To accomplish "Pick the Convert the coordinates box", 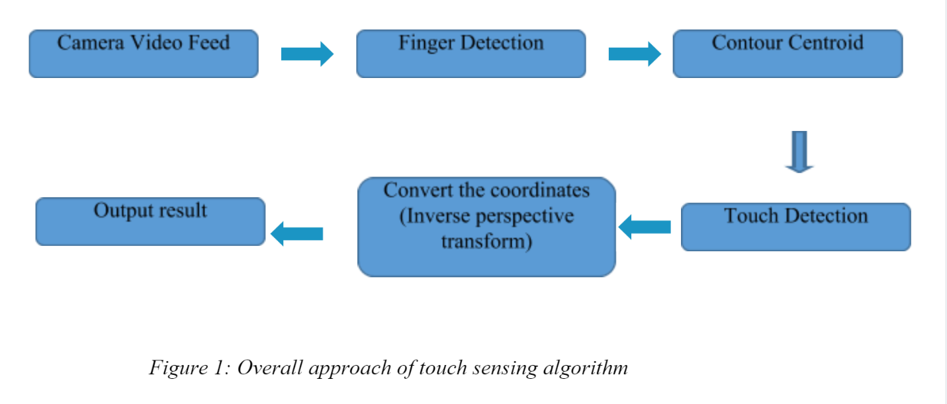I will (486, 227).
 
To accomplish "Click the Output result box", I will (150, 222).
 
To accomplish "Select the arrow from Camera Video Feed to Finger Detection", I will (307, 54).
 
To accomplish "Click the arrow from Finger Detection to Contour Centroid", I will (634, 54).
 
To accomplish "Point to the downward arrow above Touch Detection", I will (799, 151).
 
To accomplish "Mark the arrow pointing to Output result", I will (297, 233).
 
